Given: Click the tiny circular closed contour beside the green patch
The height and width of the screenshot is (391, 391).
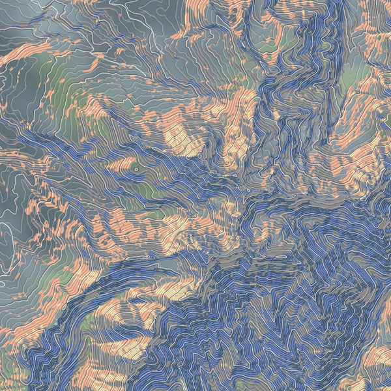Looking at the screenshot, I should [x=135, y=167].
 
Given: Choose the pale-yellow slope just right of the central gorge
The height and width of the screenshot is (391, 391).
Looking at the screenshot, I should [x=274, y=228].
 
